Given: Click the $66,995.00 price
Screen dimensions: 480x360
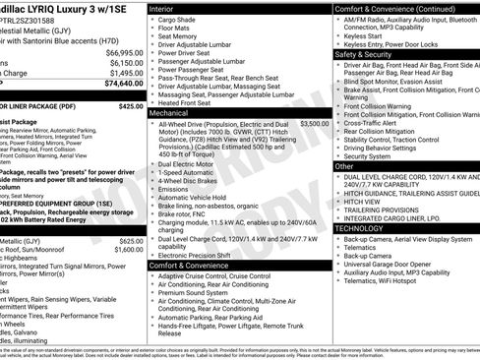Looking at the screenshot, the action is (x=122, y=50).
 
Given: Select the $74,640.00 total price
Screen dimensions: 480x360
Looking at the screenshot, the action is (x=122, y=84).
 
